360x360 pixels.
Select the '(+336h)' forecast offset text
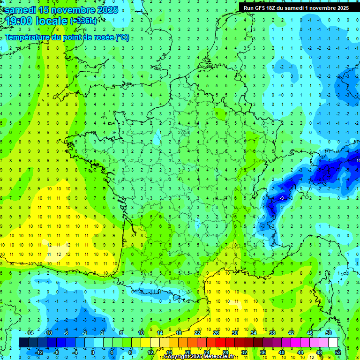[83, 21]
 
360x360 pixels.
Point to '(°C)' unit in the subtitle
[122, 37]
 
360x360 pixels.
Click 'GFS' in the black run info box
[262, 8]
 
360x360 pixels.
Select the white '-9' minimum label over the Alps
[282, 199]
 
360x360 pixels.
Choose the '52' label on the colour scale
[338, 352]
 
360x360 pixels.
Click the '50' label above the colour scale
[329, 333]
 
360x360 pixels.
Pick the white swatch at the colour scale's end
[333, 343]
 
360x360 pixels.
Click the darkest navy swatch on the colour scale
[24, 343]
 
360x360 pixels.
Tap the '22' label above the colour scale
[197, 333]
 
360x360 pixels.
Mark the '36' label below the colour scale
[263, 352]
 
